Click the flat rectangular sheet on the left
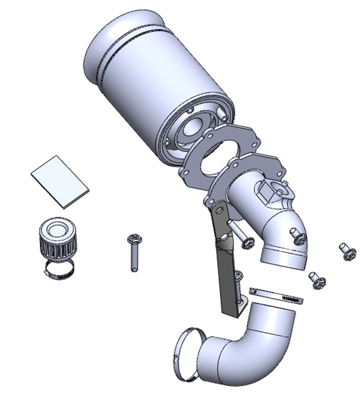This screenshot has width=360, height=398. tap(59, 178)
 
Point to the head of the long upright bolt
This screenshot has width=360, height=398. tap(133, 239)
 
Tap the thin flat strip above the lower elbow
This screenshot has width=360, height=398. tap(276, 294)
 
